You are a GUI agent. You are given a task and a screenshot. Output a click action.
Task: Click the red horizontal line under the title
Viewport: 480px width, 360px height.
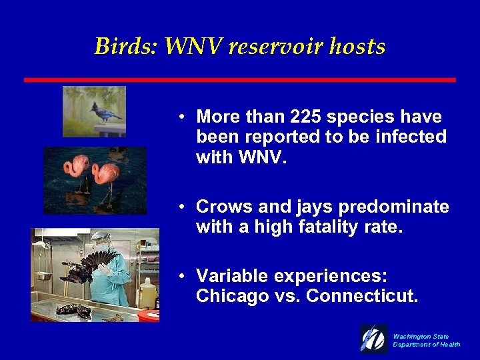(x=240, y=80)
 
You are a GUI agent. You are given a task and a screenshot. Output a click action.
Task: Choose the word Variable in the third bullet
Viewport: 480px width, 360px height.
(x=230, y=276)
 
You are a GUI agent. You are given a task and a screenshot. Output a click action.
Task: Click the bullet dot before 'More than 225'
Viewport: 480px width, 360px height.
(x=181, y=117)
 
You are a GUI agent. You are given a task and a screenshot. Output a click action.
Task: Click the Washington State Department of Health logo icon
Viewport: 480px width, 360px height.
(x=374, y=339)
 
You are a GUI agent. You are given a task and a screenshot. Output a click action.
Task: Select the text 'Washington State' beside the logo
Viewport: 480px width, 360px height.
(x=421, y=336)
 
